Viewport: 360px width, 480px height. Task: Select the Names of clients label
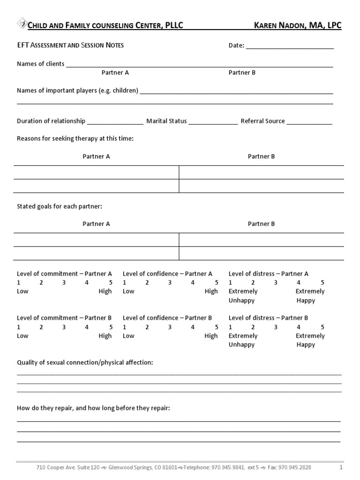pyautogui.click(x=40, y=64)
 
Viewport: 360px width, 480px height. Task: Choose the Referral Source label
pyautogui.click(x=262, y=121)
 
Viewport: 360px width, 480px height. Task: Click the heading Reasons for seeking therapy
pyautogui.click(x=75, y=139)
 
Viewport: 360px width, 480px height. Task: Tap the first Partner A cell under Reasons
pyautogui.click(x=96, y=172)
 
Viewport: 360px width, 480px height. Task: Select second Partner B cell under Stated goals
pyautogui.click(x=262, y=253)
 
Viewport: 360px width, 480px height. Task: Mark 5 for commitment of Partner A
pyautogui.click(x=111, y=283)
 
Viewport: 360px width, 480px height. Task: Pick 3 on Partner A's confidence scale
pyautogui.click(x=170, y=283)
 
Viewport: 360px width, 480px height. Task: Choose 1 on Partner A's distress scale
pyautogui.click(x=230, y=283)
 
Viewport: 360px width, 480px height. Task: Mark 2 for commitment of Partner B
pyautogui.click(x=41, y=327)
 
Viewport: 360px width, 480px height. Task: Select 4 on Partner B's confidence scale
pyautogui.click(x=193, y=327)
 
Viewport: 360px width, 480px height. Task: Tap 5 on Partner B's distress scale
pyautogui.click(x=322, y=327)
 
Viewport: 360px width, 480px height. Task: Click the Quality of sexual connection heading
pyautogui.click(x=85, y=363)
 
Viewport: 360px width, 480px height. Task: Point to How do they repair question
pyautogui.click(x=93, y=408)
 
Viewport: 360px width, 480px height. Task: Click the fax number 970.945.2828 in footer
pyautogui.click(x=295, y=467)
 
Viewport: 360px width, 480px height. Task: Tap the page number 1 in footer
pyautogui.click(x=341, y=467)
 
